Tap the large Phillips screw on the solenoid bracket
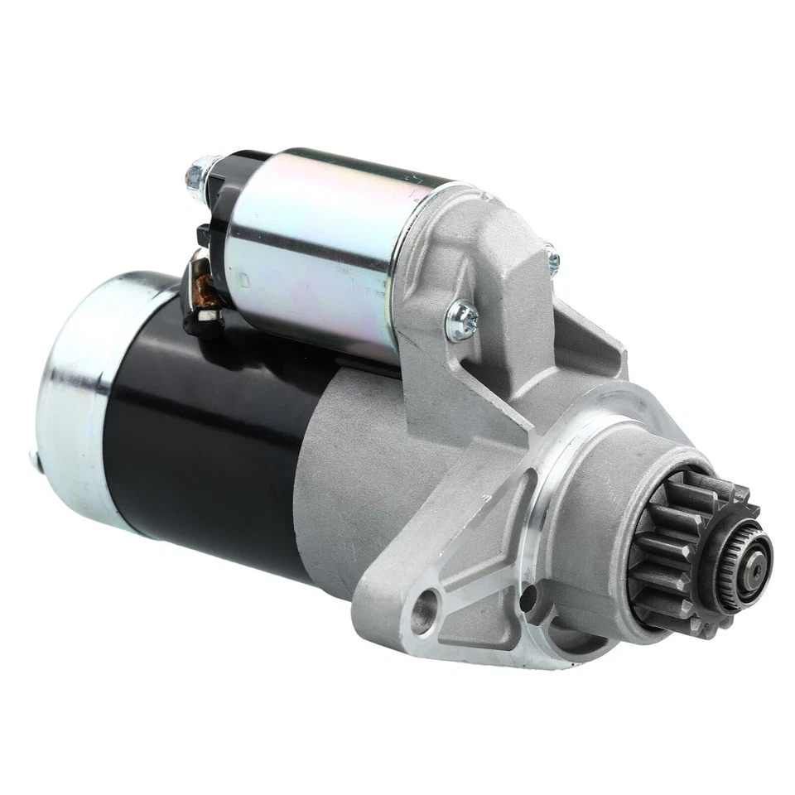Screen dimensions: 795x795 (463, 318)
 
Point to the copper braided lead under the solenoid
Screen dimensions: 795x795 (201, 286)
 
